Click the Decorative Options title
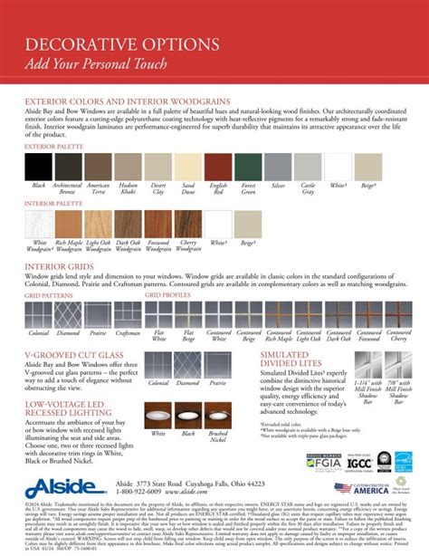100,43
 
